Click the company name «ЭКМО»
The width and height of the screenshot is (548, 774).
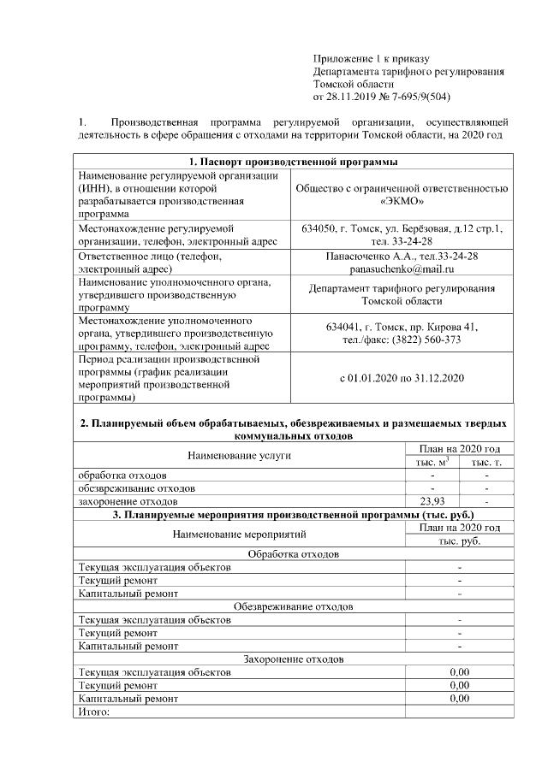click(402, 202)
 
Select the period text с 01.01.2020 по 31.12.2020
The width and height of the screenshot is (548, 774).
click(402, 377)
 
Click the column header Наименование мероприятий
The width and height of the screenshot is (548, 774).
click(239, 534)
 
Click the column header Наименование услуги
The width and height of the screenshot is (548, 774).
click(239, 455)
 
